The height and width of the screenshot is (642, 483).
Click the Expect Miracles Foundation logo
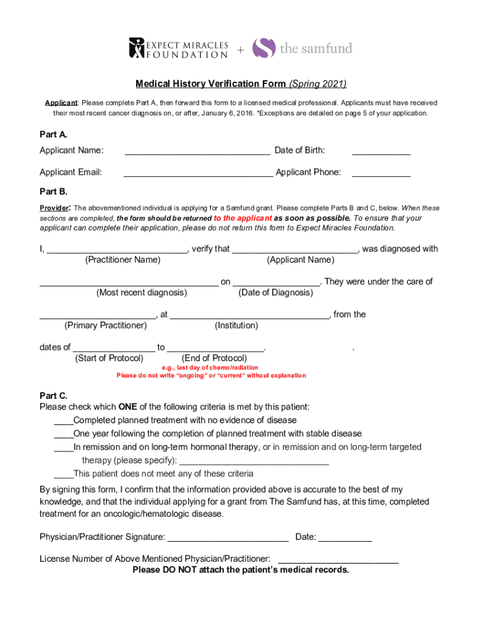click(178, 48)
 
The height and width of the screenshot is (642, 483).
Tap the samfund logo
click(302, 48)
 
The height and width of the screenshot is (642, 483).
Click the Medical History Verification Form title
click(242, 84)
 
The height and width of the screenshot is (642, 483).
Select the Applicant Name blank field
click(198, 151)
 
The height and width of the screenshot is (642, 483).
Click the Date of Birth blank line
click(381, 151)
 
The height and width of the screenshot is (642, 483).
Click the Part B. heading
click(53, 191)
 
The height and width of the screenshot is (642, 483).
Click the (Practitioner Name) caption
click(122, 260)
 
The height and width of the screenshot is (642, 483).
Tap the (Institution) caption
click(236, 325)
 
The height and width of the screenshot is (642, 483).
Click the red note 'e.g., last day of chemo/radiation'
click(210, 367)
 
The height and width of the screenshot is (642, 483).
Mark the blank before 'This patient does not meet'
click(63, 475)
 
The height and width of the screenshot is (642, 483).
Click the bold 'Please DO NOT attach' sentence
click(241, 570)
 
